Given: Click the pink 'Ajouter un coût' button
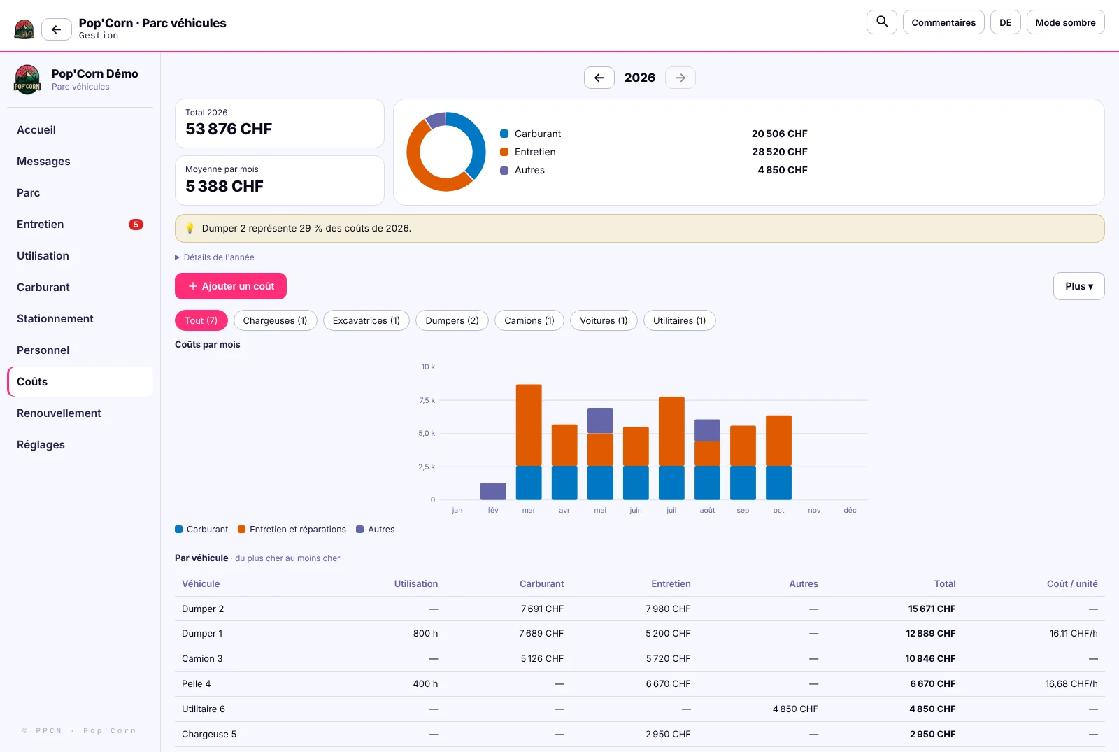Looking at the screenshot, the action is (x=230, y=286).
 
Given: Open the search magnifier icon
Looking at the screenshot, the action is (x=882, y=22).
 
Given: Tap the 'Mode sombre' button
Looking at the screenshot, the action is (x=1065, y=22).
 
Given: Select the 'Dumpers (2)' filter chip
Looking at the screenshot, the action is (x=452, y=320).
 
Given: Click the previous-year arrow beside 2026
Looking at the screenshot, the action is (x=599, y=78).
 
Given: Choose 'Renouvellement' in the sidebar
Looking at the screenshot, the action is (x=59, y=413).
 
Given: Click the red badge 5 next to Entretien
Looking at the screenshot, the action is (x=136, y=225).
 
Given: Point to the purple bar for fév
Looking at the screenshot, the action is (x=493, y=491).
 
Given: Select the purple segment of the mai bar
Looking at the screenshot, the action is (x=600, y=420).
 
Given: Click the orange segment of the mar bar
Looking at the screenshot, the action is (x=529, y=425).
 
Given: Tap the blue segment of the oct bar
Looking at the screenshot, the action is (x=778, y=483).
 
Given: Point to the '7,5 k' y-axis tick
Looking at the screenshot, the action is (x=427, y=400).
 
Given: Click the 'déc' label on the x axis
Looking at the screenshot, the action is (x=850, y=510).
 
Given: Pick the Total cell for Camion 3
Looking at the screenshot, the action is (x=930, y=658).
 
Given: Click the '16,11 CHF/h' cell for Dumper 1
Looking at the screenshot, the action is (x=1074, y=633).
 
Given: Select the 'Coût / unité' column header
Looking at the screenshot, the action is (x=1072, y=583).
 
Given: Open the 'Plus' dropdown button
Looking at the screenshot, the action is (x=1078, y=286).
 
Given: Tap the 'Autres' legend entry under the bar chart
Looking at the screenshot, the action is (x=375, y=529).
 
